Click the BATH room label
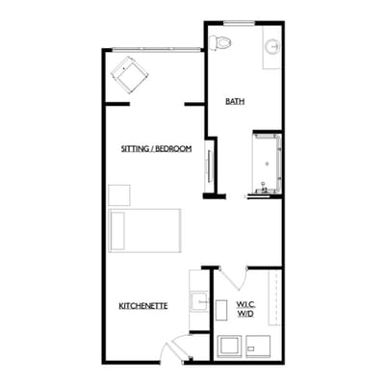tap(234, 100)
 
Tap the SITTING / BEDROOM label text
tap(156, 149)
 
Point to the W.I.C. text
tap(246, 305)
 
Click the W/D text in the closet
tap(246, 315)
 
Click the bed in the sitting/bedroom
tap(144, 229)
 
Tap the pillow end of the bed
tap(117, 229)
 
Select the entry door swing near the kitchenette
tap(174, 349)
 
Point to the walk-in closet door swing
tap(231, 279)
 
